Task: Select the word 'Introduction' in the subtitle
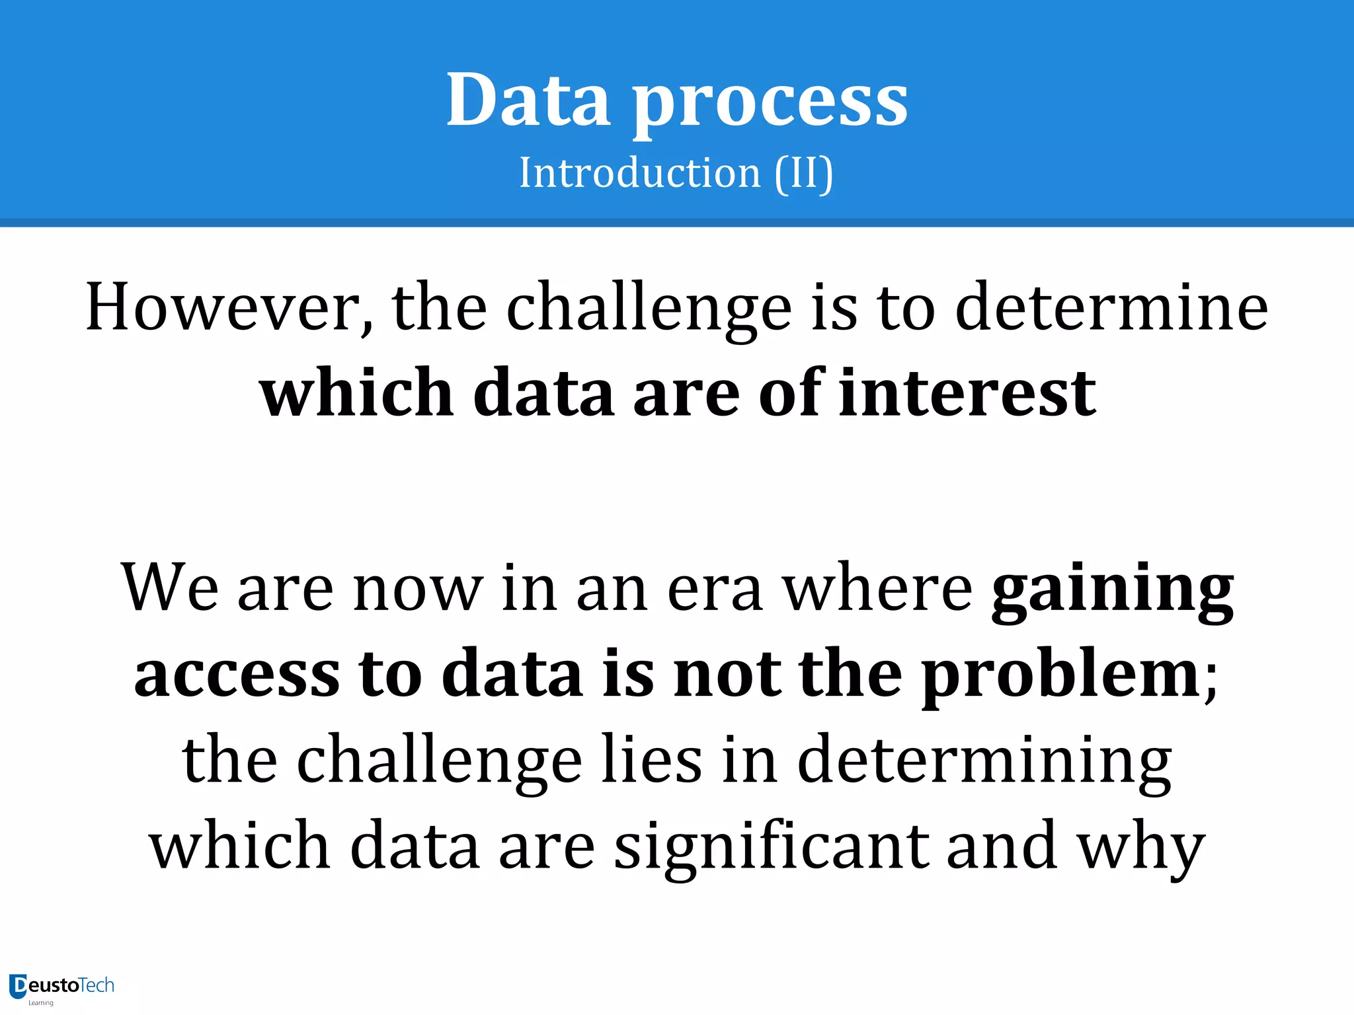(x=639, y=173)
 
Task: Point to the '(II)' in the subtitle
(x=803, y=173)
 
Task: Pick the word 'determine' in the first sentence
(x=1111, y=307)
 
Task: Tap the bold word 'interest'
(x=967, y=393)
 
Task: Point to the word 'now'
(x=418, y=588)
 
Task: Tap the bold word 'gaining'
(x=1113, y=589)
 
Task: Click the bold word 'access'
(x=237, y=674)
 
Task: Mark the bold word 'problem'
(x=1061, y=675)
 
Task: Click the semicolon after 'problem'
(x=1211, y=681)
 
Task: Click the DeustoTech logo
(x=61, y=987)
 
